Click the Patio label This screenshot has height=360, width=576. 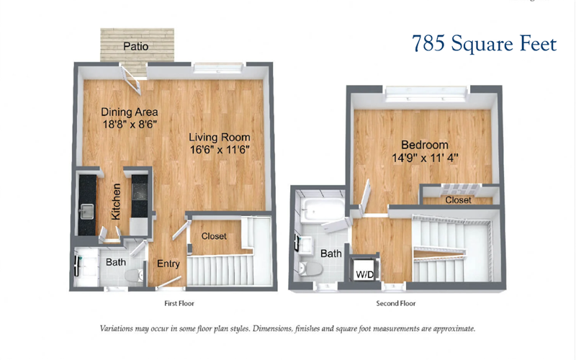[x=136, y=46]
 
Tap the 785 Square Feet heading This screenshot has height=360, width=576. [x=484, y=44]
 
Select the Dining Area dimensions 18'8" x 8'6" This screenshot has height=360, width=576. [x=130, y=125]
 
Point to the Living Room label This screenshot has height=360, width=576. [x=220, y=138]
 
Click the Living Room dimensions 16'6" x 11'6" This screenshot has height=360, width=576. [x=220, y=150]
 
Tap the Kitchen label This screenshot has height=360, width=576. [x=116, y=202]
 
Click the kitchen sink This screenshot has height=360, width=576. [x=86, y=212]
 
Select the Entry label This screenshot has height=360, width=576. [x=168, y=264]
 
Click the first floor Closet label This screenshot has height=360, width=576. [x=214, y=236]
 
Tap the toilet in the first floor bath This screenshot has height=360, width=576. [x=134, y=275]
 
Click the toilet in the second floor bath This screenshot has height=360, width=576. [x=310, y=269]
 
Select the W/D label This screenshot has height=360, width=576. [x=364, y=274]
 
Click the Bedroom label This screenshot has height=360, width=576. [x=425, y=145]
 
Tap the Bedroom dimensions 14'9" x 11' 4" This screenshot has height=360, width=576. [x=425, y=158]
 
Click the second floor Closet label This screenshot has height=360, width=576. [x=458, y=200]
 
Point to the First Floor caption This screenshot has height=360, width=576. [x=179, y=303]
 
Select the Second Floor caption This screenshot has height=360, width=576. [x=395, y=303]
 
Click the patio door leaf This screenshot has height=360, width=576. [x=132, y=81]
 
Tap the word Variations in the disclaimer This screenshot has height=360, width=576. [x=116, y=328]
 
